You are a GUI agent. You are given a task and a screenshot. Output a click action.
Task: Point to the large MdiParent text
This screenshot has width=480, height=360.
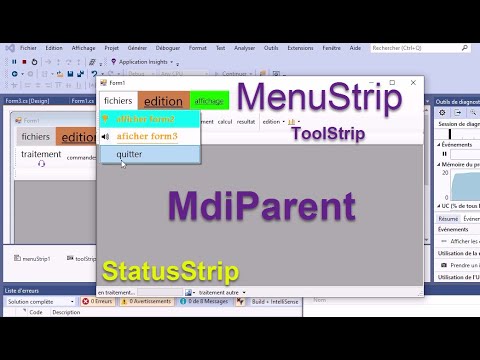click(262, 207)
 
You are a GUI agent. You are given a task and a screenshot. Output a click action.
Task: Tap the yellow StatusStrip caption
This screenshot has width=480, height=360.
click(169, 271)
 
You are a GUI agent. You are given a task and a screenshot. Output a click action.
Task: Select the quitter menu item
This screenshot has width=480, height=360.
click(129, 154)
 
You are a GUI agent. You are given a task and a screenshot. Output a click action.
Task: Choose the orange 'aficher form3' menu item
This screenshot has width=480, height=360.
click(146, 136)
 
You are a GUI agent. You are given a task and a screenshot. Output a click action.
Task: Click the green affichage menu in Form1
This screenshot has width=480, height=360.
click(210, 101)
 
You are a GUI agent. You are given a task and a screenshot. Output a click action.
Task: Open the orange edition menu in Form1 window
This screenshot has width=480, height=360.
click(163, 101)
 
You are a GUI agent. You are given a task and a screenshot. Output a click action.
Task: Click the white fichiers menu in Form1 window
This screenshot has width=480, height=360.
click(118, 101)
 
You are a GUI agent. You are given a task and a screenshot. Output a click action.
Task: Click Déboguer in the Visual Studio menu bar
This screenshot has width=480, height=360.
click(168, 47)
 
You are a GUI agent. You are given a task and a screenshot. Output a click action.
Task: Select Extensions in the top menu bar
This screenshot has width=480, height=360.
click(300, 47)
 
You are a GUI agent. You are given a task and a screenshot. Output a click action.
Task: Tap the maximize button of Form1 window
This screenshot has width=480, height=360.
click(391, 83)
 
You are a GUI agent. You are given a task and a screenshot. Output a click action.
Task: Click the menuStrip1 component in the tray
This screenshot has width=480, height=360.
click(32, 258)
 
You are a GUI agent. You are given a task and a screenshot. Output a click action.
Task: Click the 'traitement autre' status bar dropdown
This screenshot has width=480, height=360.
click(217, 292)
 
